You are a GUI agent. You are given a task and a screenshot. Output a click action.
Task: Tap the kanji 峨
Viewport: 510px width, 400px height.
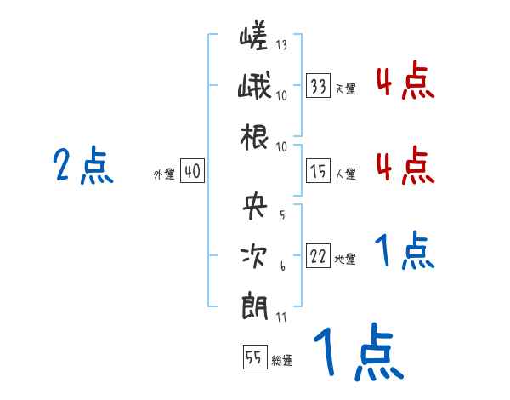[255, 89]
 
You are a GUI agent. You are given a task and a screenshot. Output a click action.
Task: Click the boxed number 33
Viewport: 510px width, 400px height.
[319, 86]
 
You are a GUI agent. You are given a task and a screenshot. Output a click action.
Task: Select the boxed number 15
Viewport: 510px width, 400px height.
[319, 172]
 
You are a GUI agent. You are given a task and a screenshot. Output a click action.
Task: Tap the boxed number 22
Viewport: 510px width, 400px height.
[319, 258]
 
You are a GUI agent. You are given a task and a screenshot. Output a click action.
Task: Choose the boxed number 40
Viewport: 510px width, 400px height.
[192, 172]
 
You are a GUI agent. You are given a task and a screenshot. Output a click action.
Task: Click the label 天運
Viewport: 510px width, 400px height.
[345, 89]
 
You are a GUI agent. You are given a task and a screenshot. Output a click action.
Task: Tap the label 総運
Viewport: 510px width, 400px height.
[282, 361]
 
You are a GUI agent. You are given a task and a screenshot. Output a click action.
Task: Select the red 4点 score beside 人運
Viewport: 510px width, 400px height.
[405, 166]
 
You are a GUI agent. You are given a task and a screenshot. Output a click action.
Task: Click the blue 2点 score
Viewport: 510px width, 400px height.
[82, 166]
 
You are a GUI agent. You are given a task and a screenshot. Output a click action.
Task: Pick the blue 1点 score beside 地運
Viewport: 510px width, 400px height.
[405, 252]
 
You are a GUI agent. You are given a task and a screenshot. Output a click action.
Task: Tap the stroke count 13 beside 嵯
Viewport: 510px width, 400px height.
[281, 45]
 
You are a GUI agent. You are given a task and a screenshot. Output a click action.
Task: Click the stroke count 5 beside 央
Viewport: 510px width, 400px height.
[281, 214]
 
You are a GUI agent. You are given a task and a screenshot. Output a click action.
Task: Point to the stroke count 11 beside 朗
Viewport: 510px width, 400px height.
[281, 317]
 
